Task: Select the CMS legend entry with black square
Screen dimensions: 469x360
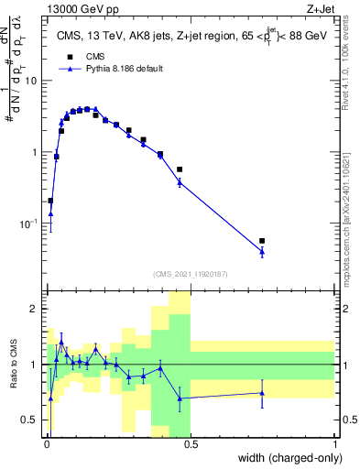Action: click(x=85, y=56)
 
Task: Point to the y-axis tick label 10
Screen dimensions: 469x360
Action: click(x=30, y=81)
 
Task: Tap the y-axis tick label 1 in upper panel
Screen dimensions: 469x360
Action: click(x=34, y=152)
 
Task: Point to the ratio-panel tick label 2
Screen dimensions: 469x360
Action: click(x=34, y=309)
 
